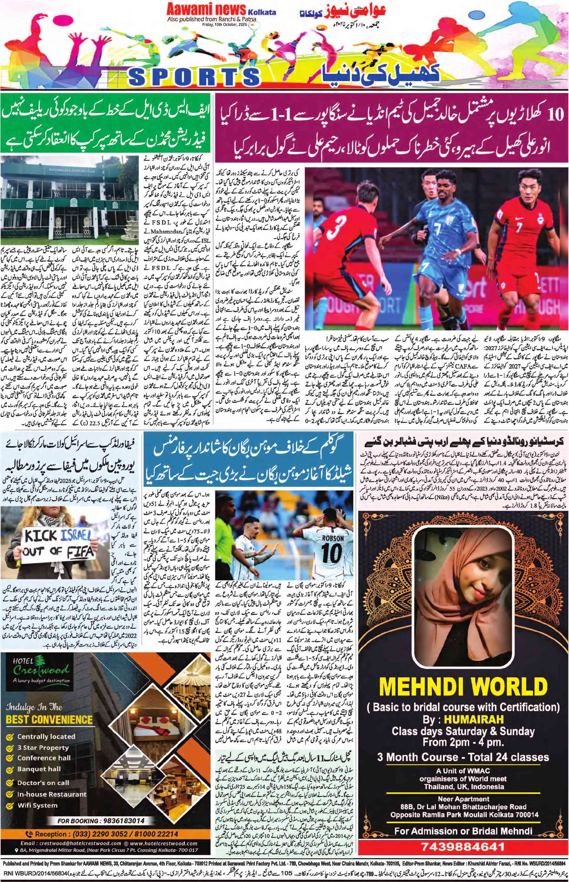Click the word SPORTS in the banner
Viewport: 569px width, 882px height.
coord(194,76)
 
